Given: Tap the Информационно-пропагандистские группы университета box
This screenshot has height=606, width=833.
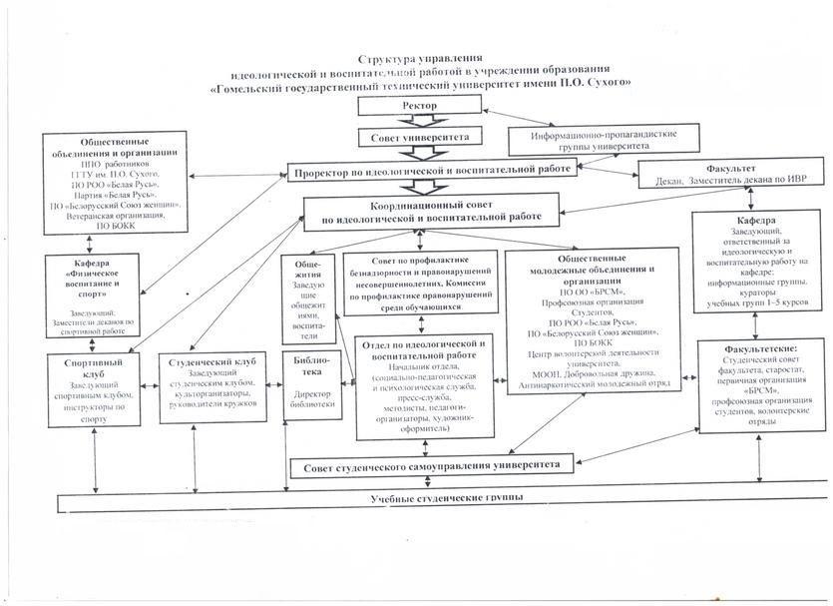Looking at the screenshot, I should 578,140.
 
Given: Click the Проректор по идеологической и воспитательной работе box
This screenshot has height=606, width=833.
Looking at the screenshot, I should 432,172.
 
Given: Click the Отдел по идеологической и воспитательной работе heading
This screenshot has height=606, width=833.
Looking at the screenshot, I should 420,349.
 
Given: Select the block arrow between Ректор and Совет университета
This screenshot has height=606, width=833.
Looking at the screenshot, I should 418,120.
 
